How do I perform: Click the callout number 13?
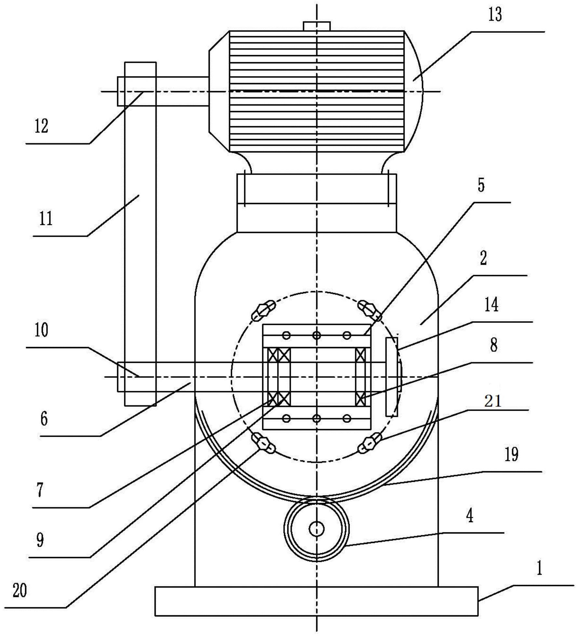(495, 15)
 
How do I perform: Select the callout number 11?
(46, 219)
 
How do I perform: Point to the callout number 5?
(481, 185)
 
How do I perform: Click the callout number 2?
(483, 259)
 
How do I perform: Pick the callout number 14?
(491, 305)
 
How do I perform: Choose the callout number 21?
(493, 401)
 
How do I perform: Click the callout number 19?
(511, 454)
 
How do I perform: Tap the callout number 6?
(44, 419)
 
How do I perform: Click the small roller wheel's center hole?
(316, 529)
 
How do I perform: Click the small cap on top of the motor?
(316, 26)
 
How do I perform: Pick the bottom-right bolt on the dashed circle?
(370, 443)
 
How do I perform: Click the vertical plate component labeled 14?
(392, 377)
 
